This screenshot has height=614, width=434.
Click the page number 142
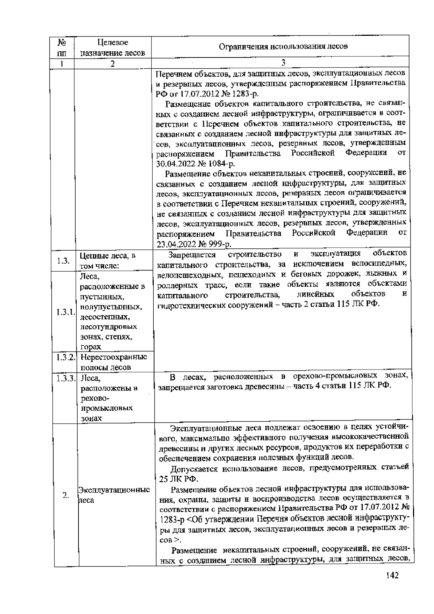point(392,585)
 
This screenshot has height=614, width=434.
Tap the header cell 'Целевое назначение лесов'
point(112,48)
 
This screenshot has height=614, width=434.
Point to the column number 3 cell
point(283,63)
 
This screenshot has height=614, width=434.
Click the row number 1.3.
point(64,261)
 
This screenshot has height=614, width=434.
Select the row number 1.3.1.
point(65,312)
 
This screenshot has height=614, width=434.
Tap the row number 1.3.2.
point(65,357)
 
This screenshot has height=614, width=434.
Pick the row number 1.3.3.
point(65,378)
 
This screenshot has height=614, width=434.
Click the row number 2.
point(65,495)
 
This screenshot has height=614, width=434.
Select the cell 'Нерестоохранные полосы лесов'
point(113,362)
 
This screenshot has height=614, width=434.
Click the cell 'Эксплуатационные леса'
point(114,495)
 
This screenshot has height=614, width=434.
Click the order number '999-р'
point(219,243)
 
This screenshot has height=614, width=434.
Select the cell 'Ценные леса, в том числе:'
point(107,261)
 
